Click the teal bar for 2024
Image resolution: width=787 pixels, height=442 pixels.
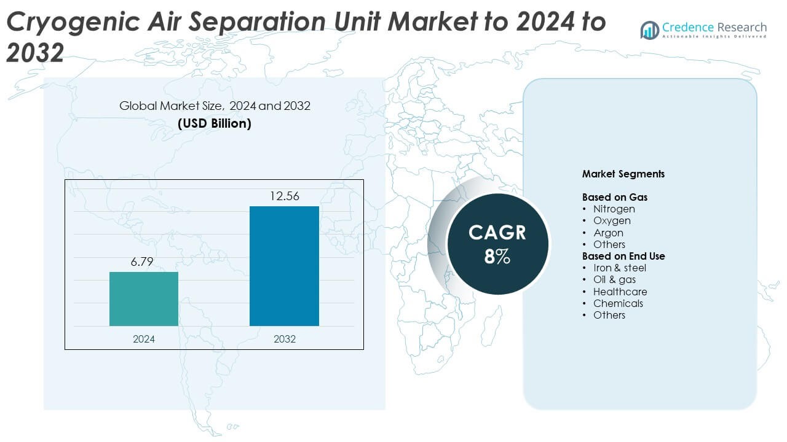tap(144, 299)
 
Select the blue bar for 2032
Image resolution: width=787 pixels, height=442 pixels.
tap(284, 266)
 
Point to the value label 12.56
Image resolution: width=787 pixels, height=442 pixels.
tap(284, 196)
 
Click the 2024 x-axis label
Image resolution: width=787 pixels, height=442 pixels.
tap(144, 339)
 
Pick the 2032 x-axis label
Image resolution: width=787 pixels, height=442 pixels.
tap(284, 339)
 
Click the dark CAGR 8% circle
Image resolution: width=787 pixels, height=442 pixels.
tap(497, 243)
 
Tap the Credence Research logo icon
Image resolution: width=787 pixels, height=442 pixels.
tap(649, 30)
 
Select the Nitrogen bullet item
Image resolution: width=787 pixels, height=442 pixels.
tap(614, 209)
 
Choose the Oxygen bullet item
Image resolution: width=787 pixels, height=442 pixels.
tap(612, 221)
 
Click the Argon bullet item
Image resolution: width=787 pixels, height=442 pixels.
tap(608, 233)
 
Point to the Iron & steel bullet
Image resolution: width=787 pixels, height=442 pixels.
tap(619, 268)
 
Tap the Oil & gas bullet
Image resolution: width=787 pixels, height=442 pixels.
tap(614, 280)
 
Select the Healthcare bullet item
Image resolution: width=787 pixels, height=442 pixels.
tap(620, 292)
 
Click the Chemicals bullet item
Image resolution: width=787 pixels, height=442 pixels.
tap(618, 303)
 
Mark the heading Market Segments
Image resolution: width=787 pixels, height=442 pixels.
tap(623, 174)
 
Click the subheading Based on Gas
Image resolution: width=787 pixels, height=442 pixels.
tap(614, 198)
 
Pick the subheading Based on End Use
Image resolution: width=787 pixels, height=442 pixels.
tap(623, 256)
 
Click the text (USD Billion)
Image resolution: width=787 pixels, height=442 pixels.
tap(215, 123)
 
